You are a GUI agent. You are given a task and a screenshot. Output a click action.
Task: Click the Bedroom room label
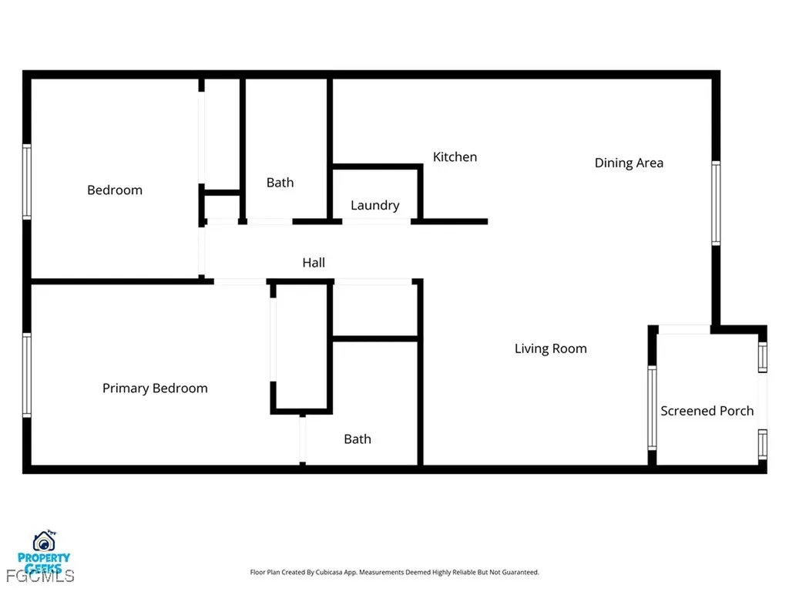coord(115,190)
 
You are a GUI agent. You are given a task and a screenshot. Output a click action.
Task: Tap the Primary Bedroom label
coord(155,388)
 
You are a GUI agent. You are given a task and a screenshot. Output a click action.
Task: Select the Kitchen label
coord(455,157)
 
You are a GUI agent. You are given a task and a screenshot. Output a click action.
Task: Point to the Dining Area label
coord(629,163)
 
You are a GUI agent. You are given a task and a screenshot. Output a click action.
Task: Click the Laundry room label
coord(374,205)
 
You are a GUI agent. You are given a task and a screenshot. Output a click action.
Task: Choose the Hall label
coord(314,263)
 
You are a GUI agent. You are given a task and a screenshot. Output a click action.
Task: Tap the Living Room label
coord(550,349)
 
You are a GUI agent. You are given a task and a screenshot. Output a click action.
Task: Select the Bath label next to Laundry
coord(280,183)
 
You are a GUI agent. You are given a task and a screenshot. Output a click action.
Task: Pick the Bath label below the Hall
coord(358,439)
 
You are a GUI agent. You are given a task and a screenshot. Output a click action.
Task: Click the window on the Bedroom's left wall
coord(27,182)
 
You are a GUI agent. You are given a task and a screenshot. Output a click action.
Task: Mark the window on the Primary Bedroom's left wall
coord(27,375)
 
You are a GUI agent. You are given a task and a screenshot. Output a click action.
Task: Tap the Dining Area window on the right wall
coord(716,203)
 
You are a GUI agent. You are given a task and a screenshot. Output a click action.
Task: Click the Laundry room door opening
coord(376,222)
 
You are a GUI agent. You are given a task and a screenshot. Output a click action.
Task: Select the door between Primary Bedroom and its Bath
coord(303,439)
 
